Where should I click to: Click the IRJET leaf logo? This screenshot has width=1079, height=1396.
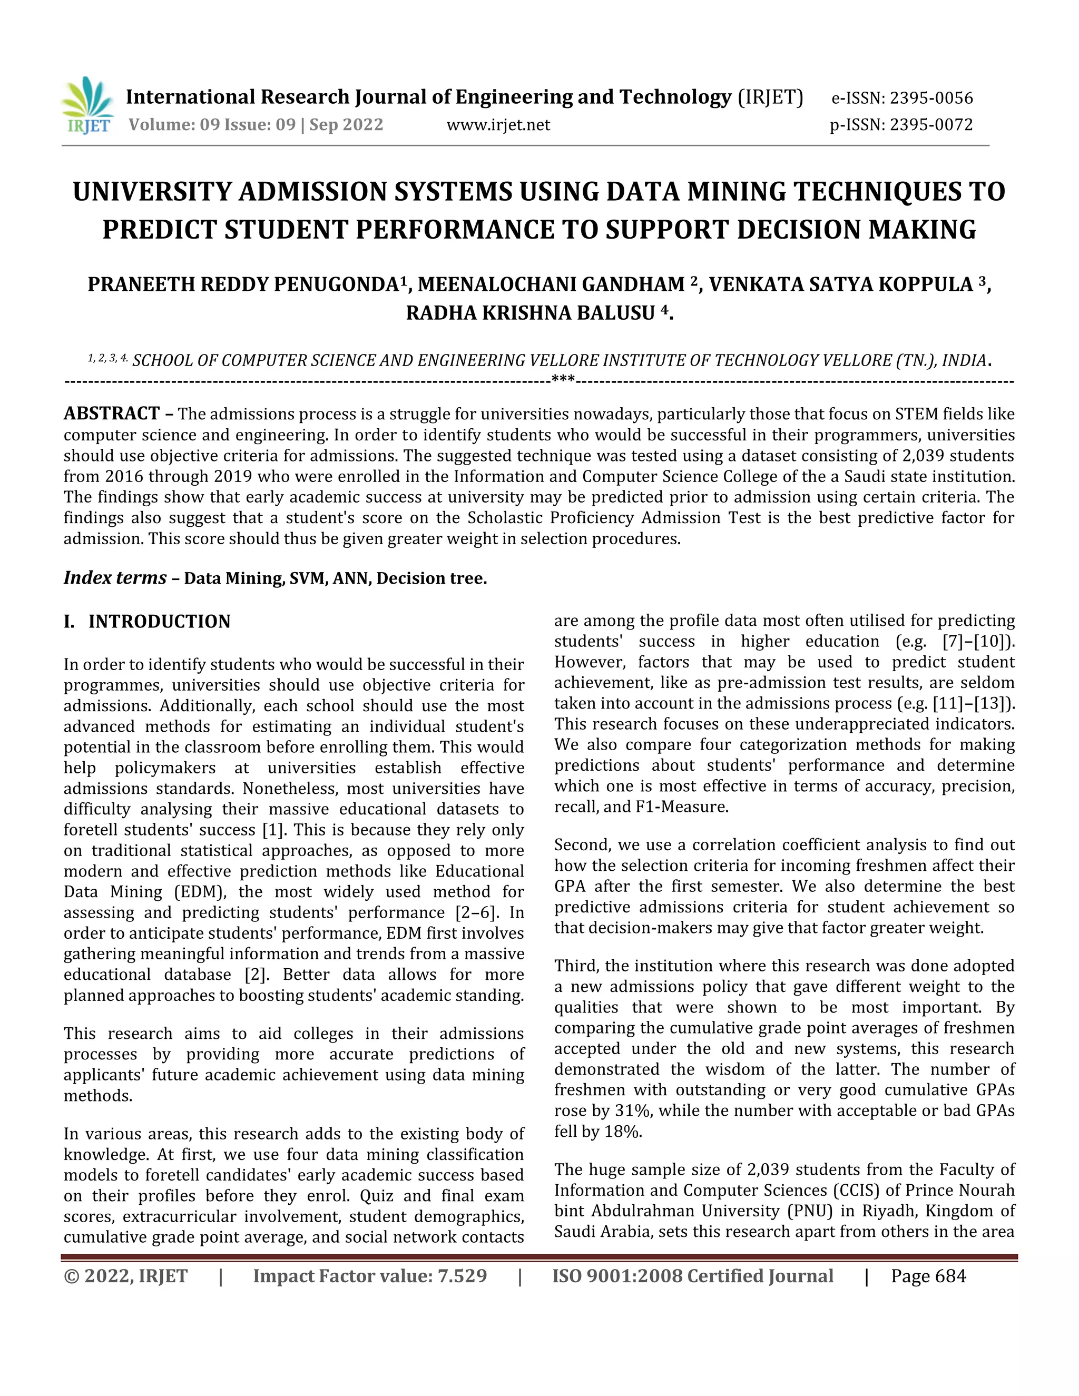pyautogui.click(x=87, y=105)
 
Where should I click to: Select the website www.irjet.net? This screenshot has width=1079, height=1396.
pyautogui.click(x=498, y=125)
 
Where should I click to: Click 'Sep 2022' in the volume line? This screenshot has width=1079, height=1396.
pyautogui.click(x=347, y=125)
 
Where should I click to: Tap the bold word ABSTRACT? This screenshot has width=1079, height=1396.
pyautogui.click(x=112, y=414)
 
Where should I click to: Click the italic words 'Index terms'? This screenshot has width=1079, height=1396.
pyautogui.click(x=115, y=578)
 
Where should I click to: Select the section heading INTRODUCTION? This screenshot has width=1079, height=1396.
pyautogui.click(x=159, y=621)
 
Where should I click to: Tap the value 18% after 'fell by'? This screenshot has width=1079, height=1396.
pyautogui.click(x=623, y=1132)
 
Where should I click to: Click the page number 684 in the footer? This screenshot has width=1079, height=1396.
pyautogui.click(x=950, y=1276)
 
